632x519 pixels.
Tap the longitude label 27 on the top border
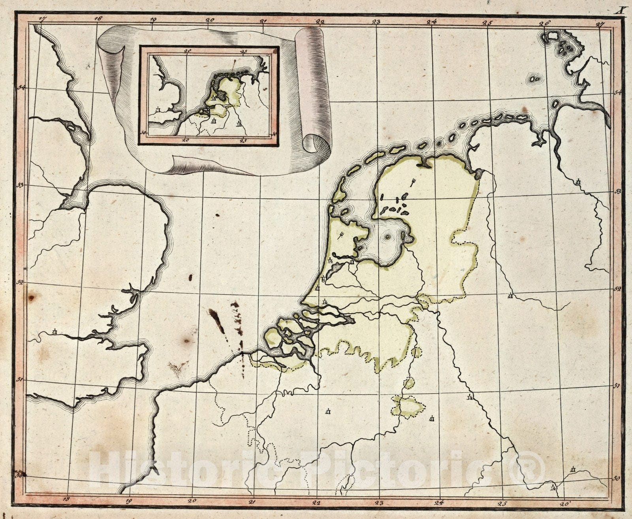click(x=601, y=23)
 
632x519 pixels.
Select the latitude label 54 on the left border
click(x=21, y=87)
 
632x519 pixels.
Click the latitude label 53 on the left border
click(x=20, y=184)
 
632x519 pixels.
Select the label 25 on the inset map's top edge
click(x=243, y=51)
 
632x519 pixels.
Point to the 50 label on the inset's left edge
click(x=143, y=132)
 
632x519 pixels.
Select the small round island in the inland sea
click(x=387, y=237)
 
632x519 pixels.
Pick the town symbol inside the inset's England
click(x=158, y=109)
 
